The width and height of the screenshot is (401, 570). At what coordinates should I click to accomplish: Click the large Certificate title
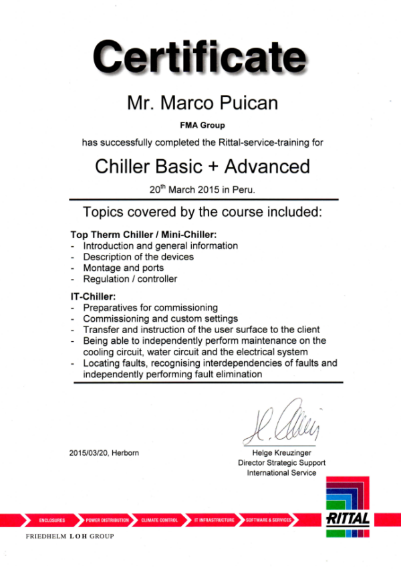(x=200, y=58)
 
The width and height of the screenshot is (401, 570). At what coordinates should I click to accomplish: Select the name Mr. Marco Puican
(x=203, y=104)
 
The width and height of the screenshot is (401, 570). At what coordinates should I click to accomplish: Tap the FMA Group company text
(x=203, y=125)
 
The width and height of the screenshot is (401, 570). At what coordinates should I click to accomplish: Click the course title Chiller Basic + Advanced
(x=203, y=166)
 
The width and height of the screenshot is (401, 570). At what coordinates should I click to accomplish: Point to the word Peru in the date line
(x=243, y=189)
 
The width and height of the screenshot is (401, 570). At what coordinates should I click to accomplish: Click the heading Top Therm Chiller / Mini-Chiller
(x=144, y=235)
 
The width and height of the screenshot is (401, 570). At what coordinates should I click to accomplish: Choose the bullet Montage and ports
(x=123, y=268)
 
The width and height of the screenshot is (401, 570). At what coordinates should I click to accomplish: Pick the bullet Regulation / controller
(x=130, y=279)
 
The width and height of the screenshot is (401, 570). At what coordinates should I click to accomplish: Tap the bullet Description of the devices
(x=138, y=257)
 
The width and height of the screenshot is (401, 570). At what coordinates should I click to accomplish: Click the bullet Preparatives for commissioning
(x=150, y=307)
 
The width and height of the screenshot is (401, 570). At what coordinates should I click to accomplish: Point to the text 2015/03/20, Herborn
(x=104, y=453)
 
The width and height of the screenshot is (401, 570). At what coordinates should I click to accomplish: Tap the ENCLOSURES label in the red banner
(x=51, y=520)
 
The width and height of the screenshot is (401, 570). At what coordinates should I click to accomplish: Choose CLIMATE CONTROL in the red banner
(x=160, y=520)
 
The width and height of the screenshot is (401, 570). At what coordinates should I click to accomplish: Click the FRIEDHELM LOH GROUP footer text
(x=70, y=537)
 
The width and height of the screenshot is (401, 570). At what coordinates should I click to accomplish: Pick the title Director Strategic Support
(x=282, y=462)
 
